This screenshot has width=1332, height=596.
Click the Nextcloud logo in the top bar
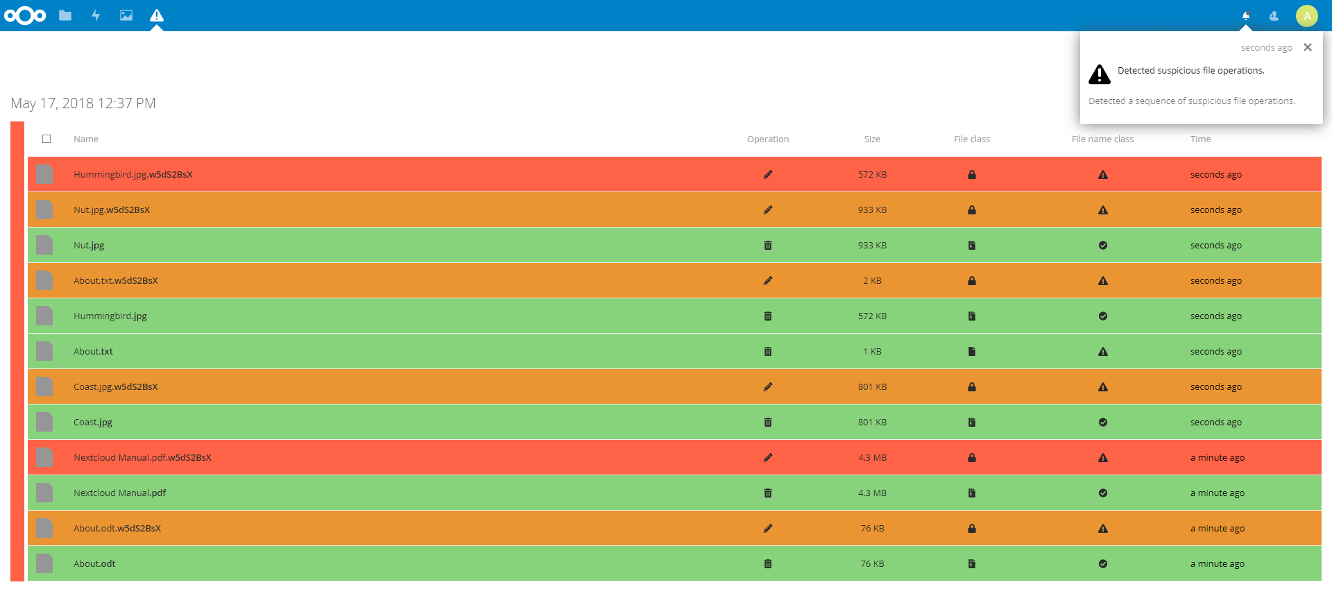[25, 15]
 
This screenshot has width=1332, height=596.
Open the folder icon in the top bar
[65, 15]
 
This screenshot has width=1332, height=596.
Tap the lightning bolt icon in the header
[96, 15]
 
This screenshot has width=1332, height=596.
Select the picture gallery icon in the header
[126, 15]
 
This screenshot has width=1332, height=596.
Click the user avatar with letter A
[1307, 15]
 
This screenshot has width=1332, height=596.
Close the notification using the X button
[1308, 47]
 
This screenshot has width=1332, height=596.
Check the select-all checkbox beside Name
[46, 139]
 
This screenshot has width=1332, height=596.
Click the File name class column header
[1102, 139]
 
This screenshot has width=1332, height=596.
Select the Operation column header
[768, 139]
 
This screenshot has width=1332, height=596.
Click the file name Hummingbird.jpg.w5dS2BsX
[133, 174]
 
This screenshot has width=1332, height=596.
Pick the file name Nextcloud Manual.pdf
[120, 493]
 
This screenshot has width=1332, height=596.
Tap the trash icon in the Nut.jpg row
[768, 245]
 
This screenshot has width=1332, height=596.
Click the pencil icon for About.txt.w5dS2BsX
[768, 280]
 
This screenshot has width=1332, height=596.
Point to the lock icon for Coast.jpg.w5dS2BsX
[972, 386]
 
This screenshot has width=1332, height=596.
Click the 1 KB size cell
[872, 351]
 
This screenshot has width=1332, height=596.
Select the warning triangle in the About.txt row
[1103, 351]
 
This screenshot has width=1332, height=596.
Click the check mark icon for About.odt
[1103, 563]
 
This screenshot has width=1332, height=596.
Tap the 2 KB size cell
[872, 280]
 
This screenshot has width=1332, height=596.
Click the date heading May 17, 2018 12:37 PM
[83, 103]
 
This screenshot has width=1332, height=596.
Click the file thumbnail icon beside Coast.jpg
[44, 422]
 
